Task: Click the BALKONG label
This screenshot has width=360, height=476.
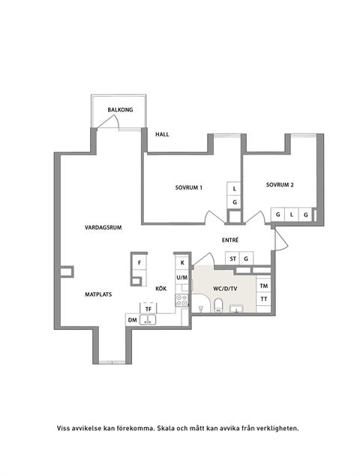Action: [120, 109]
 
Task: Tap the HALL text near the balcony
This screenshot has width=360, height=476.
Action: [162, 135]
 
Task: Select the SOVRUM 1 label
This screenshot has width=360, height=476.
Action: [189, 187]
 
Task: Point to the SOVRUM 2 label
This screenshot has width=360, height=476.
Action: [279, 184]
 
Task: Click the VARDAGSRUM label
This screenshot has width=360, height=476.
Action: [103, 226]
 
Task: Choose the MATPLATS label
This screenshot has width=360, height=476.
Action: [97, 295]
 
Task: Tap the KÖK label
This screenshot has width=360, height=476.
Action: [160, 288]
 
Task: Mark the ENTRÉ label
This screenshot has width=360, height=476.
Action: [230, 240]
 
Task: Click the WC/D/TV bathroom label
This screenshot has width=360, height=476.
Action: [225, 288]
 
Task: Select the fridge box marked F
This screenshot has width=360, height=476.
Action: [139, 263]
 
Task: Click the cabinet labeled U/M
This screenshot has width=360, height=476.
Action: [181, 277]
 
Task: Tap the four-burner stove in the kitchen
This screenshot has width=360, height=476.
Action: [181, 300]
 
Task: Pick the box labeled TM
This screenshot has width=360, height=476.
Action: [263, 286]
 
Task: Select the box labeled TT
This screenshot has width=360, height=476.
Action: [263, 299]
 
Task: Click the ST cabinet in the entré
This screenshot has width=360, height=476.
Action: [232, 259]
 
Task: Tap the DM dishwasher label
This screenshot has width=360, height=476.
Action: [133, 320]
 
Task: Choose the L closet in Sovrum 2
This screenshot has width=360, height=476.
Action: [292, 215]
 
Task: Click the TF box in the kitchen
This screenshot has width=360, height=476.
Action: [148, 308]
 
